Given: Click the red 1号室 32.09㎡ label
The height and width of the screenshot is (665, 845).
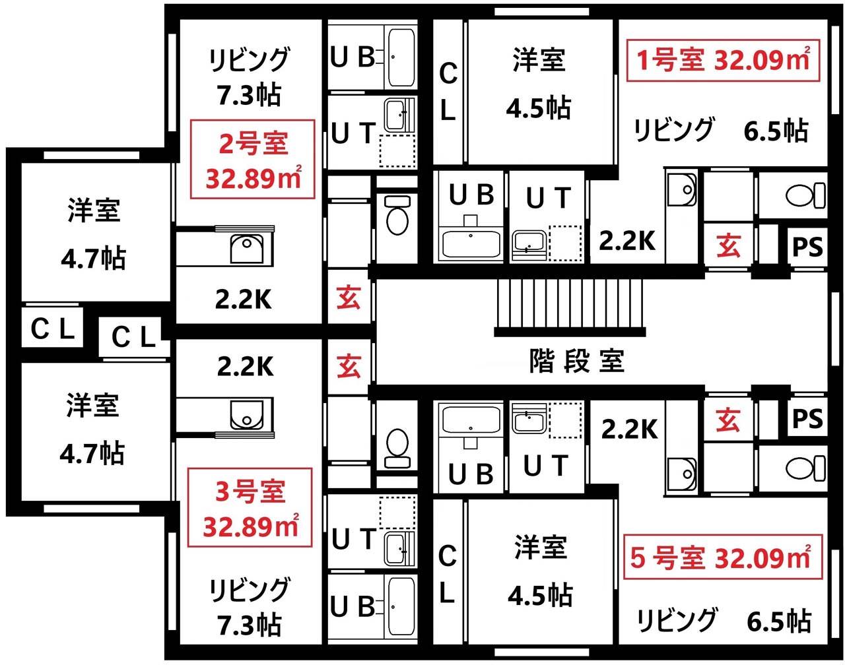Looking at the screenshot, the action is [x=723, y=60].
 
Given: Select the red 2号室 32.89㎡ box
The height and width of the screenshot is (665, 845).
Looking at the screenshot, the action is [x=252, y=159].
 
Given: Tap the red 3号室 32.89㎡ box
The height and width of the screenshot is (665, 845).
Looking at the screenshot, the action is [x=250, y=507].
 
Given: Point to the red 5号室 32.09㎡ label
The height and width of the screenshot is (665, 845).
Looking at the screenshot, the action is [x=722, y=557].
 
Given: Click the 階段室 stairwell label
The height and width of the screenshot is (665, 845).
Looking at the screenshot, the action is [x=576, y=360].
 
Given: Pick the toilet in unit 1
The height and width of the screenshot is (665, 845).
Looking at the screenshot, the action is [x=805, y=195].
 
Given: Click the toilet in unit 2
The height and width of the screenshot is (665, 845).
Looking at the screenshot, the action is [x=397, y=214].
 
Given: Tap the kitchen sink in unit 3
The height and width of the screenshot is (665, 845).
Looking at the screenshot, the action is [x=246, y=415].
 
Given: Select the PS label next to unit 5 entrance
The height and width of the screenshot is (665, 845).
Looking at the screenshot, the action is [x=807, y=418].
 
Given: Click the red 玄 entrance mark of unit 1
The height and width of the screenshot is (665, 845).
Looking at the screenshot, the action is [x=728, y=245].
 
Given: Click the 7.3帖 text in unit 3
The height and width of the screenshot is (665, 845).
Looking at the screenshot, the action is [x=250, y=624].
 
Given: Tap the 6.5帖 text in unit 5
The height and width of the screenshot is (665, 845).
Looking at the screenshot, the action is [x=779, y=621].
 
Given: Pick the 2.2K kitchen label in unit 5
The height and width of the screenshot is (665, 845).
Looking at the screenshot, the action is [x=629, y=429].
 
